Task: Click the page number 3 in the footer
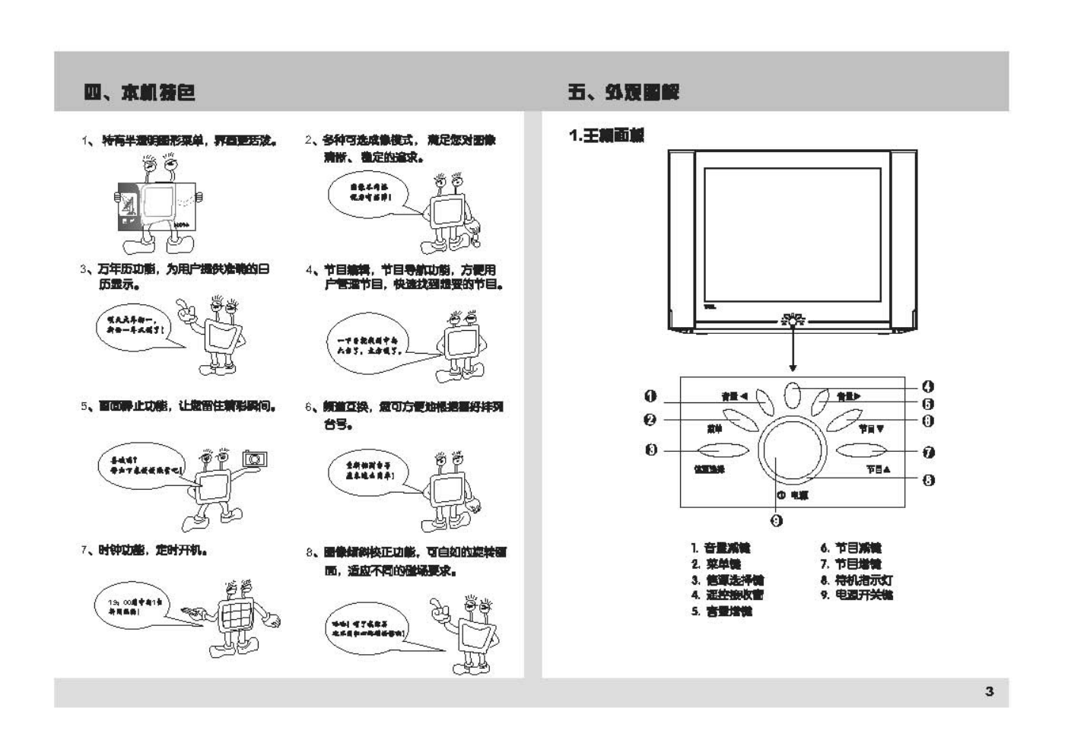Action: tap(989, 691)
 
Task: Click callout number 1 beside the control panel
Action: tap(650, 395)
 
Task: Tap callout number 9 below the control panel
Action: tap(776, 520)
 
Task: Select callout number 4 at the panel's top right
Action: tap(928, 387)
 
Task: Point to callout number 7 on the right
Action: tap(928, 453)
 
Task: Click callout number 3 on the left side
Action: tap(651, 449)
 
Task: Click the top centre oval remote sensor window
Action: tap(792, 395)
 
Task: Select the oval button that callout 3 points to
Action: tap(718, 449)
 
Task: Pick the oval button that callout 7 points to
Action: tap(861, 449)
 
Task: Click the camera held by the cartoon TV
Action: tap(255, 459)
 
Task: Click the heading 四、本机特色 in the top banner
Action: tap(140, 93)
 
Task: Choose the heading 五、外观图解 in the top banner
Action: tap(623, 93)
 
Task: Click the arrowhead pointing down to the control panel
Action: tap(793, 368)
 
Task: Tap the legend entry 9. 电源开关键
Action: tap(857, 595)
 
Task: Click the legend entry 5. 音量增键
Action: tap(721, 611)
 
